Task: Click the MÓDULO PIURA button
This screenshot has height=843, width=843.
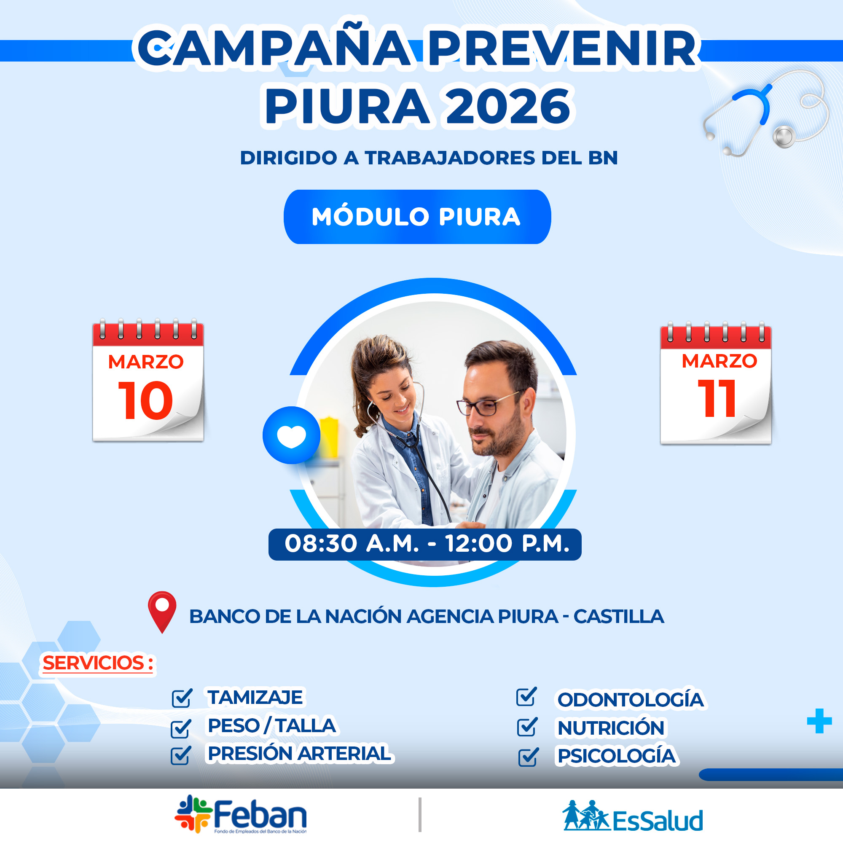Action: [x=417, y=217]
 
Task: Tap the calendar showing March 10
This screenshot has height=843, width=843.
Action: [x=148, y=380]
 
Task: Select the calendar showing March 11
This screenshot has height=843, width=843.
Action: [x=716, y=383]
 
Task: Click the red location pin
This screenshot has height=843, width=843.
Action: [x=162, y=612]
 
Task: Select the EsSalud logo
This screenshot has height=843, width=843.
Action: [x=633, y=816]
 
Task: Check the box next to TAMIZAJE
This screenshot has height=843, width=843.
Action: [x=182, y=698]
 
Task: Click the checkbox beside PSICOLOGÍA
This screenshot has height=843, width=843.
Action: [x=529, y=757]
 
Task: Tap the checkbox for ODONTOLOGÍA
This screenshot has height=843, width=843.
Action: [x=526, y=696]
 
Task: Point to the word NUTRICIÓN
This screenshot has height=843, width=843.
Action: [x=611, y=728]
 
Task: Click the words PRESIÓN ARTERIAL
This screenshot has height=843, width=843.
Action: [x=299, y=754]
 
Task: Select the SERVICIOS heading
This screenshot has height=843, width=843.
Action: [x=98, y=663]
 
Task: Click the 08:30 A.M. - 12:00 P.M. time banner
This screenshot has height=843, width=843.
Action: [x=425, y=544]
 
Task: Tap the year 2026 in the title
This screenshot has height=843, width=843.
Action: [x=508, y=106]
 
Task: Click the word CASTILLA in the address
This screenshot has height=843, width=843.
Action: [x=619, y=617]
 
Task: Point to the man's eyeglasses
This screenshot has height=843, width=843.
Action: [x=488, y=404]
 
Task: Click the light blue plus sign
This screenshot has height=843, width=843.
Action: [x=819, y=721]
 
